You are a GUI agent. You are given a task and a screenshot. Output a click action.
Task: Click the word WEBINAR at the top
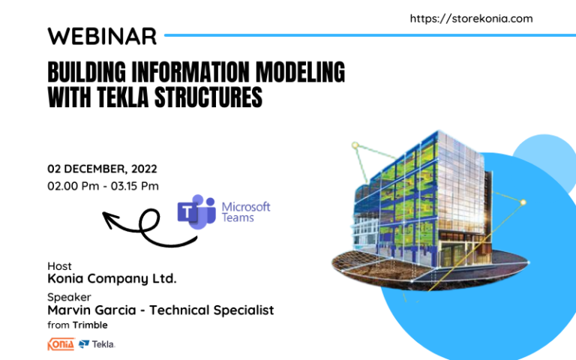pyautogui.click(x=102, y=35)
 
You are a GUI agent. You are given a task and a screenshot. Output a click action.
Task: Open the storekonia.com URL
pyautogui.click(x=471, y=19)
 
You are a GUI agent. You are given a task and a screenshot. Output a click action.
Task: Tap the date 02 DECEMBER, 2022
pyautogui.click(x=102, y=169)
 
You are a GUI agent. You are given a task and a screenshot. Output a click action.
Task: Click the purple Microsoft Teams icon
pyautogui.click(x=196, y=211)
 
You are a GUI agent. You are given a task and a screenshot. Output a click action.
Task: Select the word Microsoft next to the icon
pyautogui.click(x=246, y=206)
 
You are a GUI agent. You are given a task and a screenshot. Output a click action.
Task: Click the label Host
pyautogui.click(x=60, y=266)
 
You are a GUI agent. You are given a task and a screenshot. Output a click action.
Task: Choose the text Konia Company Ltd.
pyautogui.click(x=112, y=279)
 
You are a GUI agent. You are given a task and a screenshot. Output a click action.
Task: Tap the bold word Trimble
pyautogui.click(x=90, y=325)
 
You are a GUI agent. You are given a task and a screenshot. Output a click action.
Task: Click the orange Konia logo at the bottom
pyautogui.click(x=61, y=344)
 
